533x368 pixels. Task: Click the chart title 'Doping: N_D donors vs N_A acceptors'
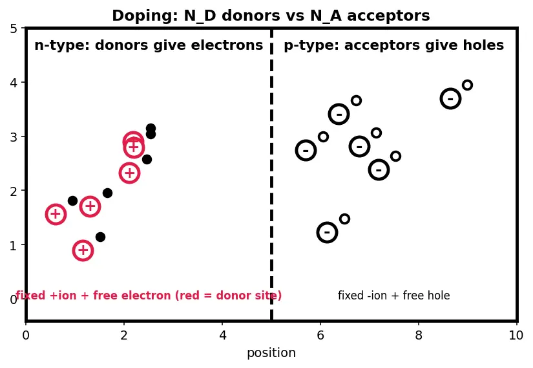click(271, 16)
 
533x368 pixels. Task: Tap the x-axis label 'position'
click(271, 353)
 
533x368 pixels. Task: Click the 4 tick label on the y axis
click(14, 82)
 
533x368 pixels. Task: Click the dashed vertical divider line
click(271, 174)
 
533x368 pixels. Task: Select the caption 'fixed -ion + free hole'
click(393, 296)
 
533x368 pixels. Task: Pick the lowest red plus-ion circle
click(83, 250)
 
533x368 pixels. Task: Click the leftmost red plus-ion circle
click(56, 214)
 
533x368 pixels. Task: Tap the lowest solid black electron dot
click(100, 237)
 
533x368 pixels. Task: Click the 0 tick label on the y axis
click(14, 299)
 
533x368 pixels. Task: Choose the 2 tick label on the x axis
click(124, 335)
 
